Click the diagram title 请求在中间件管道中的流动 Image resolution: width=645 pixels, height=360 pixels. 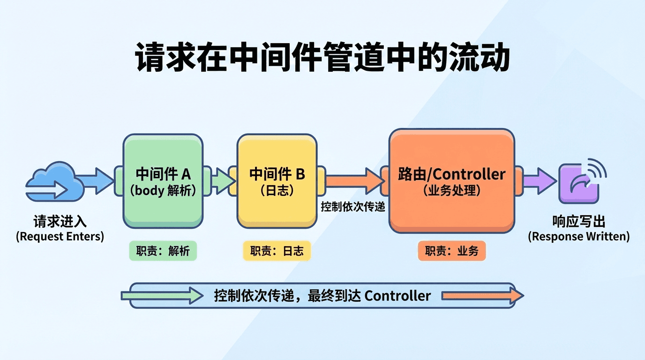[x=322, y=58]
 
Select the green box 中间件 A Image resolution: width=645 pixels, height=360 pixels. [x=163, y=181]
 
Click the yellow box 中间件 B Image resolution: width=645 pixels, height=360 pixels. [x=277, y=181]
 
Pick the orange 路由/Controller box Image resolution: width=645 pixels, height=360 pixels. [x=451, y=181]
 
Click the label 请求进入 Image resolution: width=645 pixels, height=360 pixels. [x=60, y=221]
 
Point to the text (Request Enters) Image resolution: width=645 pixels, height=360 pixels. [x=60, y=236]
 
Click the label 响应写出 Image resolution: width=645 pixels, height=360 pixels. [x=579, y=221]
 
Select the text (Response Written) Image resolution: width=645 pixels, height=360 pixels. [x=579, y=236]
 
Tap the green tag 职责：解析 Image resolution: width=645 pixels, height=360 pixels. [x=163, y=251]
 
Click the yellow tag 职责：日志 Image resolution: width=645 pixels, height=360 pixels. [x=277, y=251]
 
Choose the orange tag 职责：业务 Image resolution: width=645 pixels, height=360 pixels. [x=451, y=251]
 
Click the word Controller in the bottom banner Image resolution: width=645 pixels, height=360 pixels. [x=397, y=296]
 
